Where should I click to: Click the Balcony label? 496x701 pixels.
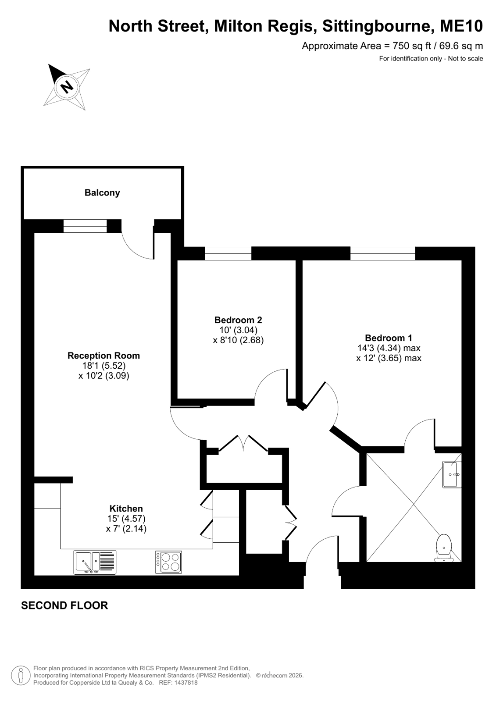[102, 192]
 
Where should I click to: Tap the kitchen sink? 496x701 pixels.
[95, 562]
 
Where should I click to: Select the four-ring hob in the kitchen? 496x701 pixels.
[168, 562]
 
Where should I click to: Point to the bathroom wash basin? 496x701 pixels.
[452, 474]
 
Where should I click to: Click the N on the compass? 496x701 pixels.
[66, 86]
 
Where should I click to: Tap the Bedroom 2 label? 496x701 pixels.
[238, 320]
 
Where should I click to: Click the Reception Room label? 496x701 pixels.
[103, 356]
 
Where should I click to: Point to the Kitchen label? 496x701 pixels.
[126, 509]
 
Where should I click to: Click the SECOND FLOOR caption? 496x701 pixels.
[64, 605]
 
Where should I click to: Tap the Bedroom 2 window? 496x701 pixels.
[228, 253]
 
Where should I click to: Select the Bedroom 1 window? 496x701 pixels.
[383, 253]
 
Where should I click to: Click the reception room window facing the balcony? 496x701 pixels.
[85, 226]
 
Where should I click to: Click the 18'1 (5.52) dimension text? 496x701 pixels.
[103, 366]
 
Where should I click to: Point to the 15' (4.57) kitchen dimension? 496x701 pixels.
[126, 519]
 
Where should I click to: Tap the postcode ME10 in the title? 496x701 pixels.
[461, 26]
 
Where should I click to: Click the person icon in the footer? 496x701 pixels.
[21, 675]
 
